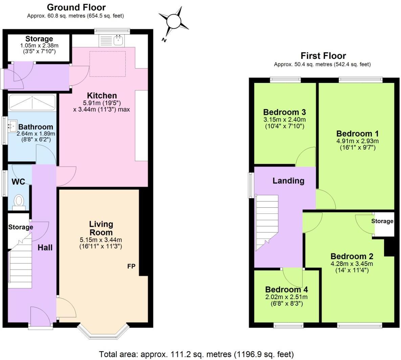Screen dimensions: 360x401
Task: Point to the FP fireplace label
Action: point(131,266)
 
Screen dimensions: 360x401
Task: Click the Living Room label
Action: point(101,228)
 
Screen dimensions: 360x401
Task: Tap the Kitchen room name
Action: point(102,95)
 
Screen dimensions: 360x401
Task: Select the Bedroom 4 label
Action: point(287,290)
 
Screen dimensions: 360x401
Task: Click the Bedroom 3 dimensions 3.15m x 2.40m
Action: point(284,120)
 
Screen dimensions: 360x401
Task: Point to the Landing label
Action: point(288,181)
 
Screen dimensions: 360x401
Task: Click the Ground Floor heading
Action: point(76,7)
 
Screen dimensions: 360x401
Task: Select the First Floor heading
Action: point(323,56)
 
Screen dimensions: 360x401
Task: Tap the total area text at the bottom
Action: point(196,354)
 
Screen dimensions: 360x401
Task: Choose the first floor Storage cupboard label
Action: point(382,221)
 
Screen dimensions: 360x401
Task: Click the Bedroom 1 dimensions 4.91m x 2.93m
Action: point(357,141)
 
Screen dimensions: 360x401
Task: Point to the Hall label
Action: point(45,248)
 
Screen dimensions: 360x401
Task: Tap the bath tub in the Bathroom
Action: point(32,102)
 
